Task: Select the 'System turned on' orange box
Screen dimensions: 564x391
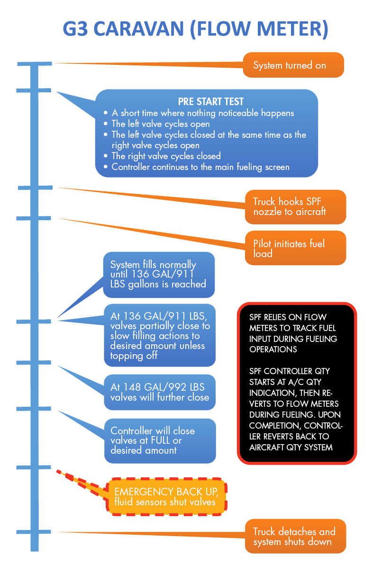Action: pos(293,65)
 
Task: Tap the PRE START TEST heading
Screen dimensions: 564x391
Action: pos(211,101)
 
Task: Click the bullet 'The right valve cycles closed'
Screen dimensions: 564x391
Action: pos(166,156)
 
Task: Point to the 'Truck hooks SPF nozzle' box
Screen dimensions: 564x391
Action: pos(296,206)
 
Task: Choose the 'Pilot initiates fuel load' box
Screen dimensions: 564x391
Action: pos(296,248)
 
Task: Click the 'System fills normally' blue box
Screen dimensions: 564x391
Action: pos(159,275)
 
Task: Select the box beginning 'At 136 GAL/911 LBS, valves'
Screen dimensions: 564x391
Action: pos(159,336)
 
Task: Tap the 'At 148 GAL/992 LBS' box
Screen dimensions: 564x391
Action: pos(160,392)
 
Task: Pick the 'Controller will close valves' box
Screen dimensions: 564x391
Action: pos(160,440)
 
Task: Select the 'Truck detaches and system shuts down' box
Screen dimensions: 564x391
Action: pos(296,537)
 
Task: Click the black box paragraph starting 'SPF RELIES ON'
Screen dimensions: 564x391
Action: pos(294,333)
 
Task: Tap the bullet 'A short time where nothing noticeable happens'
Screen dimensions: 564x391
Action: pos(203,113)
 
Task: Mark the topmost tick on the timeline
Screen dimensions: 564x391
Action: pos(35,63)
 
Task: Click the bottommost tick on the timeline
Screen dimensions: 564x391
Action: pos(34,531)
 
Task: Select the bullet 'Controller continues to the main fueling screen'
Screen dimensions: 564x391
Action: pos(200,167)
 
